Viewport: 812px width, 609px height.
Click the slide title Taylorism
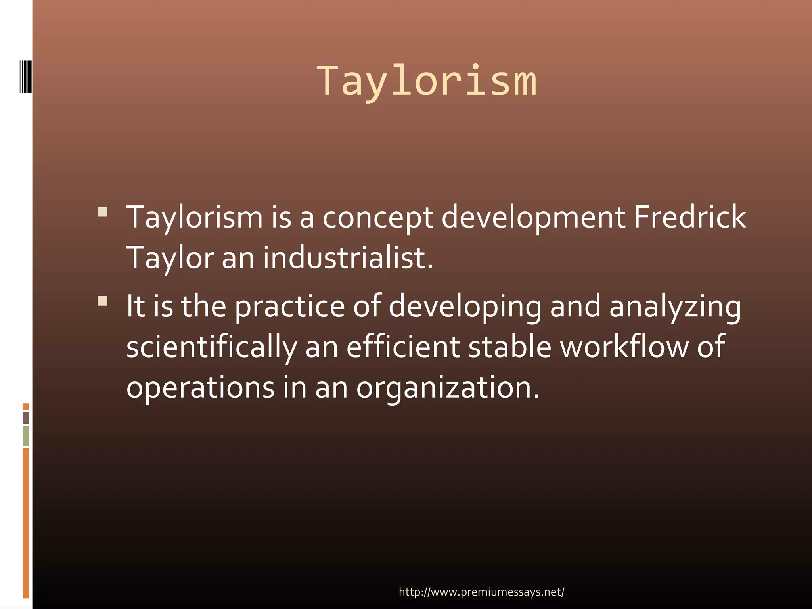426,82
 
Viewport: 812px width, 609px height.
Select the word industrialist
348,258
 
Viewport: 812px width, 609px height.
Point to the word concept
377,218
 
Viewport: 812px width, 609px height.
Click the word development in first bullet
533,218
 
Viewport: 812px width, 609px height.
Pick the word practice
290,307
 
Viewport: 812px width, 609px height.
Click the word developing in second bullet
465,307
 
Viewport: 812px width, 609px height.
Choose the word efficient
403,347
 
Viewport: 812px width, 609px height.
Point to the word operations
200,388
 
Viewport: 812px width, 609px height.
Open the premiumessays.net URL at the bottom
481,592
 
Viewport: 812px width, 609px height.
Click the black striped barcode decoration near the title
25,77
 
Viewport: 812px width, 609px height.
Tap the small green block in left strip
26,436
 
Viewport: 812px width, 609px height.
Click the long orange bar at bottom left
26,523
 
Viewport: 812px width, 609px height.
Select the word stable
509,347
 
